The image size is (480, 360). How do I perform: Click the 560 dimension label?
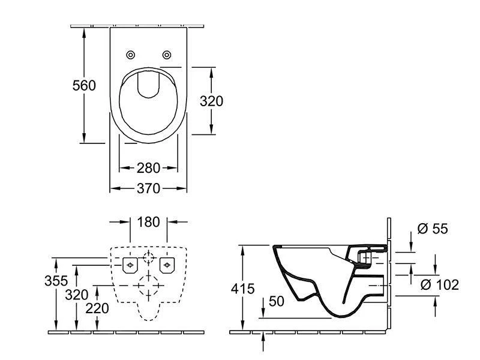click(x=84, y=85)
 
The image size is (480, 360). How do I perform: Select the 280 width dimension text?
click(x=148, y=167)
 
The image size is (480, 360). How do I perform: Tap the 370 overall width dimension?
click(x=148, y=188)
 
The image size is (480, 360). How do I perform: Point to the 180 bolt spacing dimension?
click(x=148, y=222)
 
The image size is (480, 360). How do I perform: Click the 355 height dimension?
click(x=56, y=281)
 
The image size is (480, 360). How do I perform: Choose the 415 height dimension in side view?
click(x=243, y=288)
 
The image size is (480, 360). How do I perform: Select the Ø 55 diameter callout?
click(x=431, y=229)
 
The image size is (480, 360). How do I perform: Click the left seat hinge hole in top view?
click(x=131, y=55)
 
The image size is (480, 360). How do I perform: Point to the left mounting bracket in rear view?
click(x=130, y=264)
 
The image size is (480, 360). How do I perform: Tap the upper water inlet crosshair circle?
click(x=149, y=259)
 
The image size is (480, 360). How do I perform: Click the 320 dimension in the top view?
click(x=211, y=101)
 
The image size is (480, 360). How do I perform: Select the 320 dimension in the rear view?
click(x=77, y=294)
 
